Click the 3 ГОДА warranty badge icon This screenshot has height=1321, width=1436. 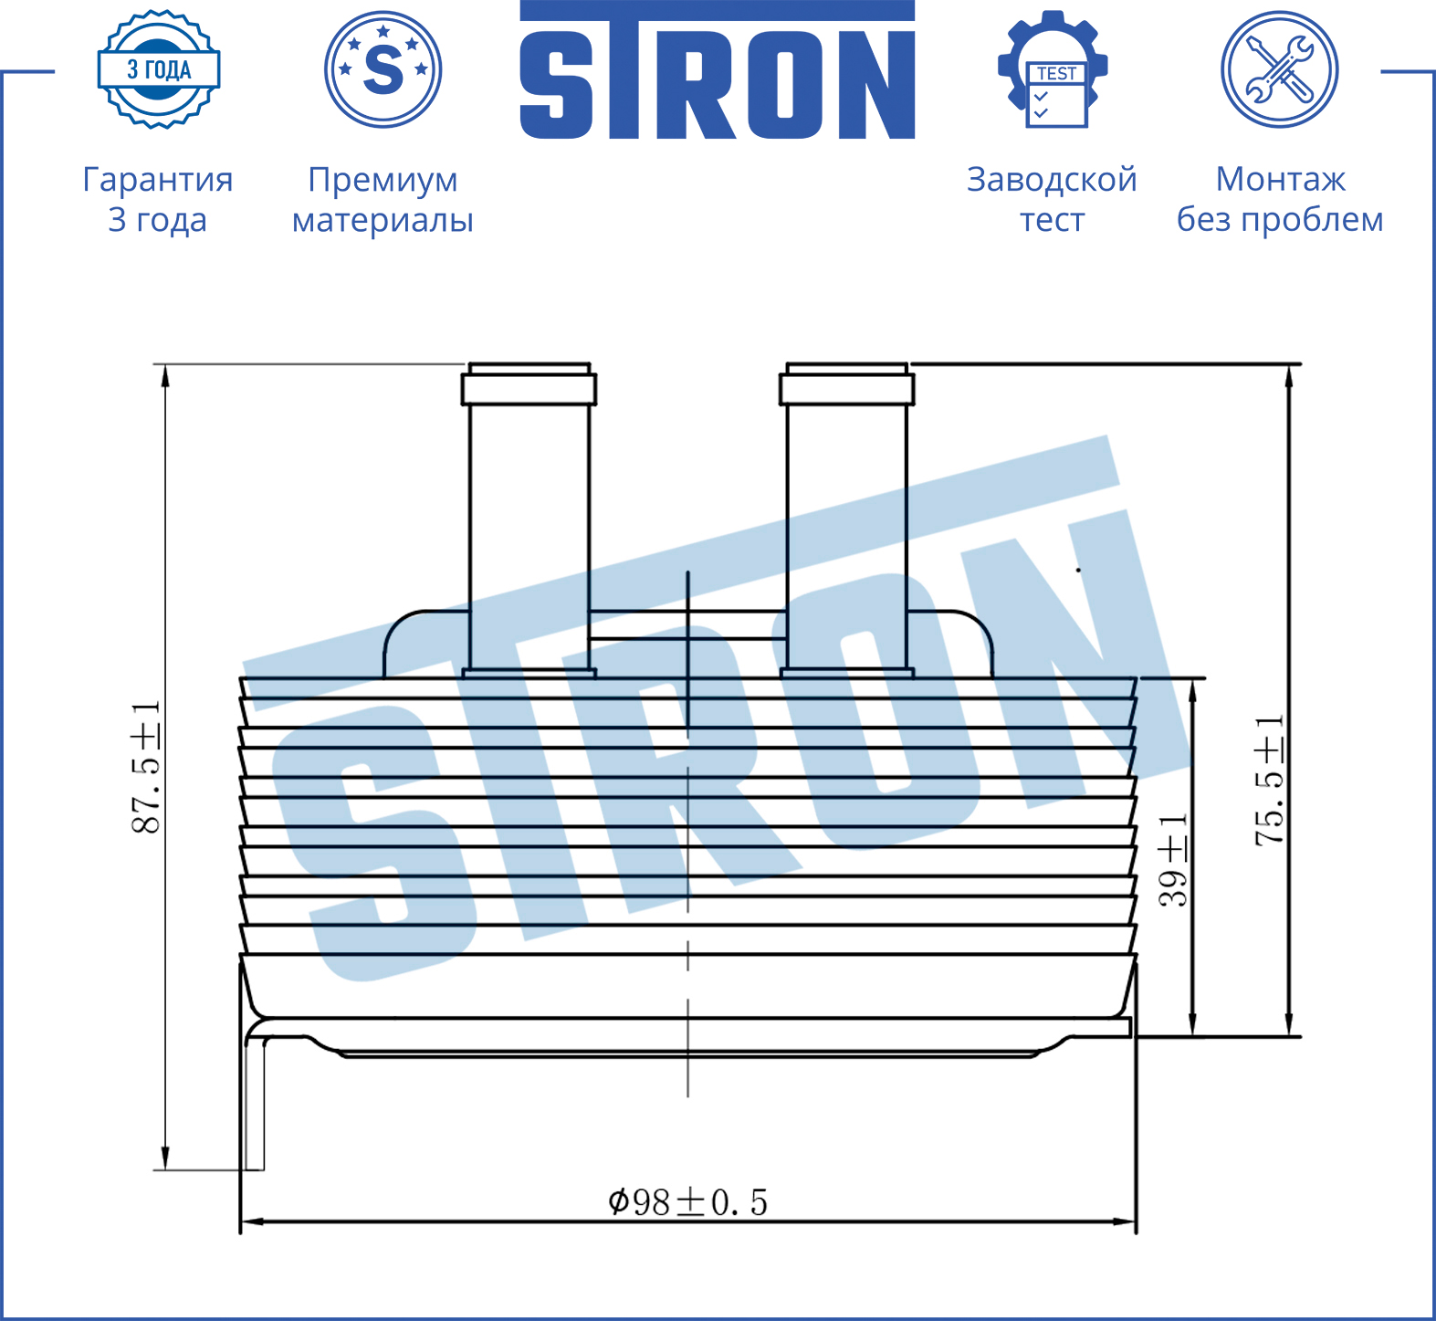pyautogui.click(x=159, y=69)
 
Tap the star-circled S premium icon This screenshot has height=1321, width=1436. pyautogui.click(x=383, y=69)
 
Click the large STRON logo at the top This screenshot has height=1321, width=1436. pyautogui.click(x=718, y=70)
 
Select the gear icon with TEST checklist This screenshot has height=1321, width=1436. pyautogui.click(x=1053, y=69)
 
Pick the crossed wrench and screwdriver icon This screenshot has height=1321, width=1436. pyautogui.click(x=1280, y=69)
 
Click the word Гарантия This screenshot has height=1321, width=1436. pyautogui.click(x=158, y=180)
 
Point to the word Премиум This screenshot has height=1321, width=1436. pyautogui.click(x=383, y=180)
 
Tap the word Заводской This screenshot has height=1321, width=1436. pyautogui.click(x=1052, y=179)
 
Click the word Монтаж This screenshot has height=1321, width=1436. pyautogui.click(x=1280, y=179)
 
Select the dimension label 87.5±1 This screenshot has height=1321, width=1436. pyautogui.click(x=146, y=768)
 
